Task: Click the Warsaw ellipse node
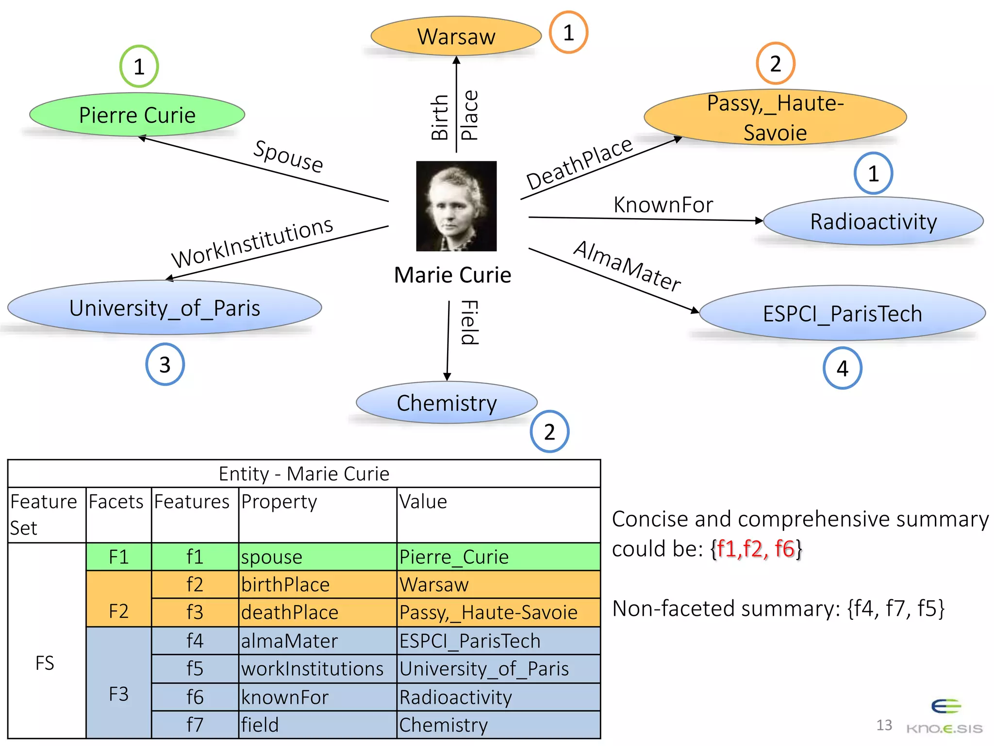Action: [x=456, y=36]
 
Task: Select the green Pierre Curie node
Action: [x=137, y=115]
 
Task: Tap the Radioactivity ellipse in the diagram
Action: [x=873, y=221]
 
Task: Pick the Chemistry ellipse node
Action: [x=447, y=403]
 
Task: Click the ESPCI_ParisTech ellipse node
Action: [x=842, y=313]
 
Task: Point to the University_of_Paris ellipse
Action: [x=165, y=308]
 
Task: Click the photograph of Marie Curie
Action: [x=456, y=206]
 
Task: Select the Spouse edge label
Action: [x=288, y=156]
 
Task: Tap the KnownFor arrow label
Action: [x=663, y=205]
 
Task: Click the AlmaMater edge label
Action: [x=627, y=266]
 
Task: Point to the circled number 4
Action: [x=842, y=368]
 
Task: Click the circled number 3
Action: [x=165, y=365]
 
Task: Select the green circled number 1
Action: [x=139, y=67]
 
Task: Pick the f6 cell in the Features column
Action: [x=195, y=697]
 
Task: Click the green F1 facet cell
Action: [x=119, y=557]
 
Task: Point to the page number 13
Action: [x=884, y=725]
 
